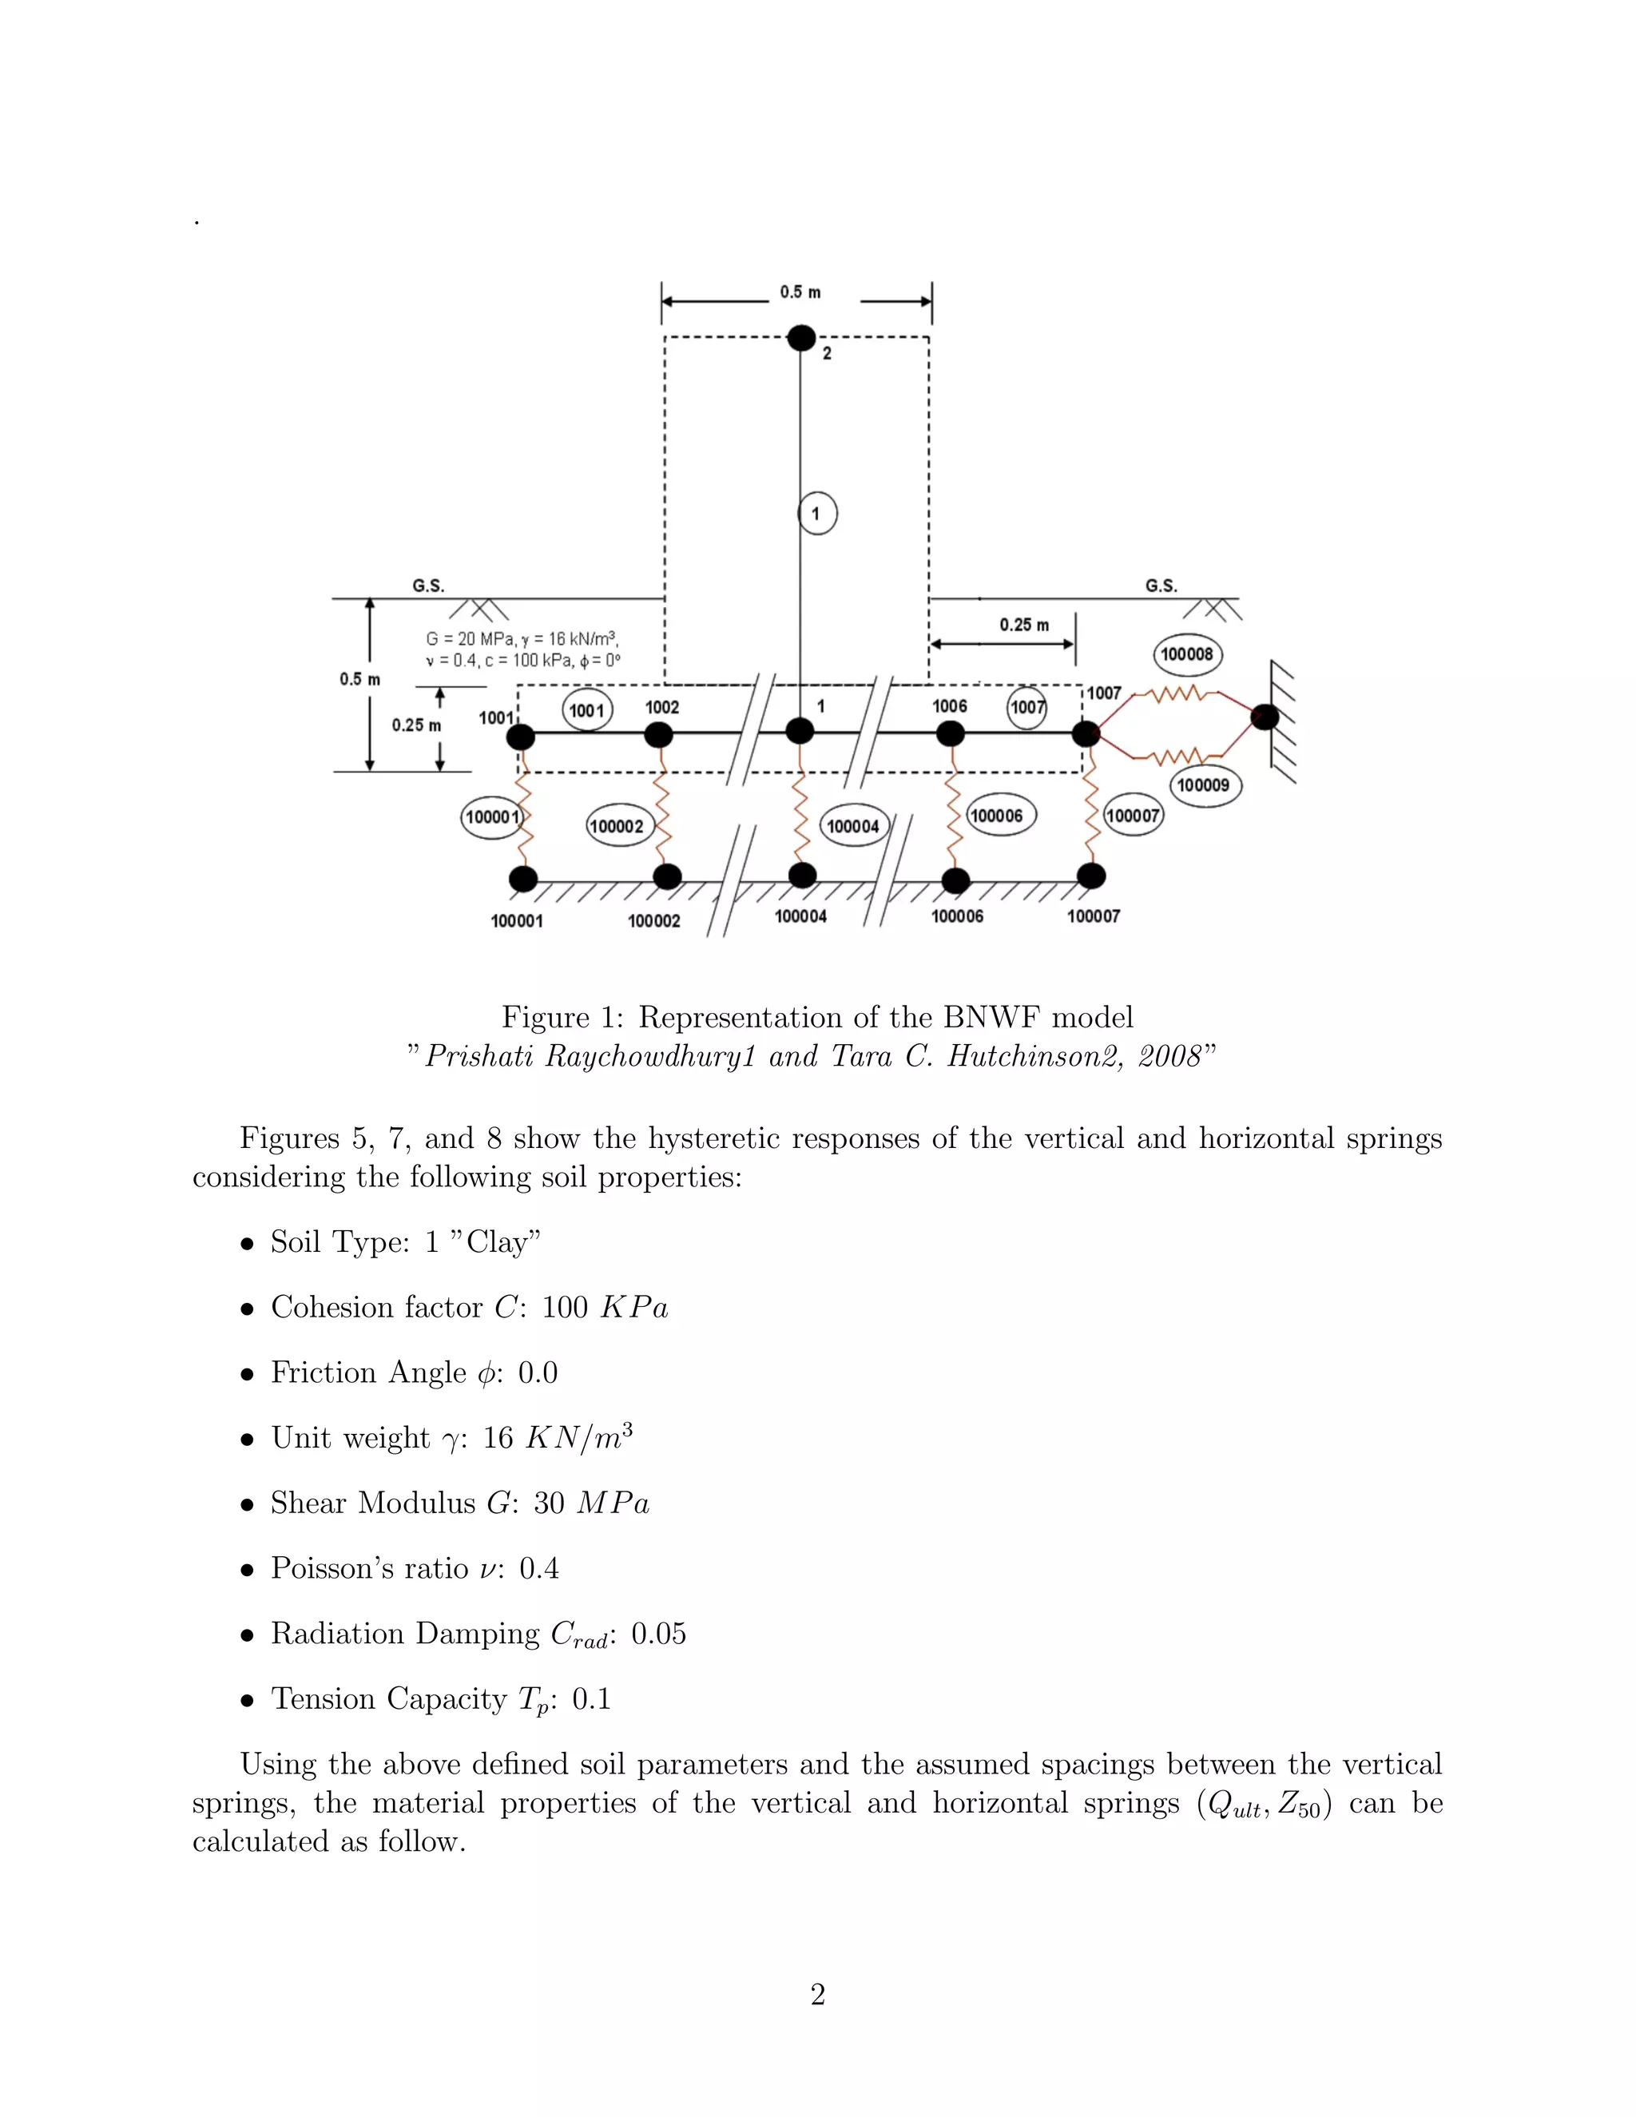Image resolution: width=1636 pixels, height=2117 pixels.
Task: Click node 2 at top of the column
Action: (x=800, y=337)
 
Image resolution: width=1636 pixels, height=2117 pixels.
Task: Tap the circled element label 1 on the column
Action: (x=817, y=514)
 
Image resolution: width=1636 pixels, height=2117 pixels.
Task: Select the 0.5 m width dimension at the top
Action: (x=800, y=292)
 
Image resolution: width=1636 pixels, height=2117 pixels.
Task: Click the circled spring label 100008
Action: (x=1186, y=654)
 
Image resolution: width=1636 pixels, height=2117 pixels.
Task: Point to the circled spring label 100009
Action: (x=1203, y=785)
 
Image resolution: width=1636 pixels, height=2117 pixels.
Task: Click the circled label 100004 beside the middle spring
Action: (x=853, y=826)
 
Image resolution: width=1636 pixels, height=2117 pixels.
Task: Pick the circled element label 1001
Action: (x=586, y=710)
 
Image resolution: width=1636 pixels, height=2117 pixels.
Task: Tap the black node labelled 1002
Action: (x=659, y=735)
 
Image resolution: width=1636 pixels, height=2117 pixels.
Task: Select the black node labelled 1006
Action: (x=951, y=734)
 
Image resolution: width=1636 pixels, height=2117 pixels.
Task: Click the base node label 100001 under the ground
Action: (x=517, y=921)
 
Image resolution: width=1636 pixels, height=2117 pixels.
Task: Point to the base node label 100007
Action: (x=1094, y=916)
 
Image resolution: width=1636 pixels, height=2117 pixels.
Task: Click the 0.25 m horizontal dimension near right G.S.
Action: (x=1023, y=626)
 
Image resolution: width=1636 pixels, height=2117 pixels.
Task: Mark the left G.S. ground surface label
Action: (x=428, y=586)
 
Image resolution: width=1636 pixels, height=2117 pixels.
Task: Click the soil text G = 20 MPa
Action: (x=470, y=640)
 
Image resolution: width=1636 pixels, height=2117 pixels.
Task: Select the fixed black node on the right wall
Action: (x=1265, y=717)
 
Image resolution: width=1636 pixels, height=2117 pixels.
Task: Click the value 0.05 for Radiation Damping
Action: (x=658, y=1634)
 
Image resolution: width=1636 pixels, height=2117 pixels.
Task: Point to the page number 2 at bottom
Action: (x=817, y=1995)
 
